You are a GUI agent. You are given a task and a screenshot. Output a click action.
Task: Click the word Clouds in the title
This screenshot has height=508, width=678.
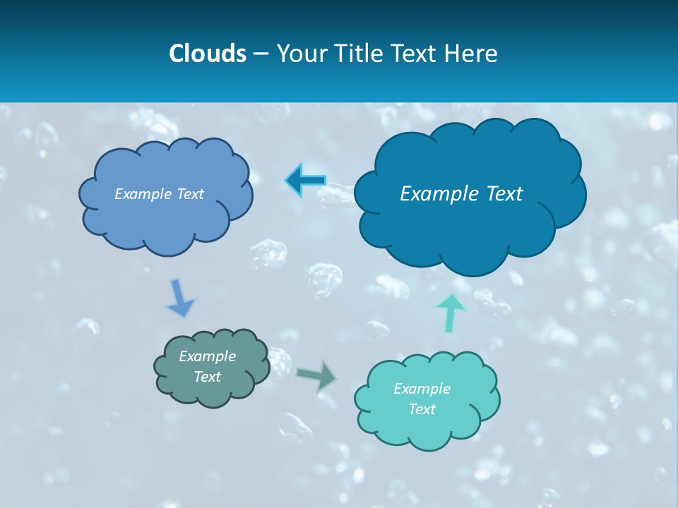[x=208, y=54]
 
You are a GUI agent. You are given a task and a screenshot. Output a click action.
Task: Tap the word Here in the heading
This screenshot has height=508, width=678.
[x=471, y=54]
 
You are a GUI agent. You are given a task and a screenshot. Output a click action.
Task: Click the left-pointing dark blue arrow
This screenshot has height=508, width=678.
[x=306, y=181]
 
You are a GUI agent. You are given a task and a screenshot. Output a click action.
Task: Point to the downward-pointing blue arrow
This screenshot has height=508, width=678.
[x=180, y=298]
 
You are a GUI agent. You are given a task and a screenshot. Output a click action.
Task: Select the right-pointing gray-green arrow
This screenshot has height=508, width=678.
[x=316, y=375]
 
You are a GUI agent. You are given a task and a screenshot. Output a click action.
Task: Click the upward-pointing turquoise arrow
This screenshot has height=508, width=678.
[x=451, y=313]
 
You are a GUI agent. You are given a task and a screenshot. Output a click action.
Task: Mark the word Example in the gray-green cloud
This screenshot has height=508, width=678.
[x=207, y=356]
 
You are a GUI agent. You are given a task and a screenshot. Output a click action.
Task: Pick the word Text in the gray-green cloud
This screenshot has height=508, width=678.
[x=207, y=377]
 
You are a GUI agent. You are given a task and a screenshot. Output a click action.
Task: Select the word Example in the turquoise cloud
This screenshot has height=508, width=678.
[x=422, y=389]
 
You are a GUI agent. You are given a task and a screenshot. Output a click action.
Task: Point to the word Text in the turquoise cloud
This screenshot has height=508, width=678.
[x=422, y=409]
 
